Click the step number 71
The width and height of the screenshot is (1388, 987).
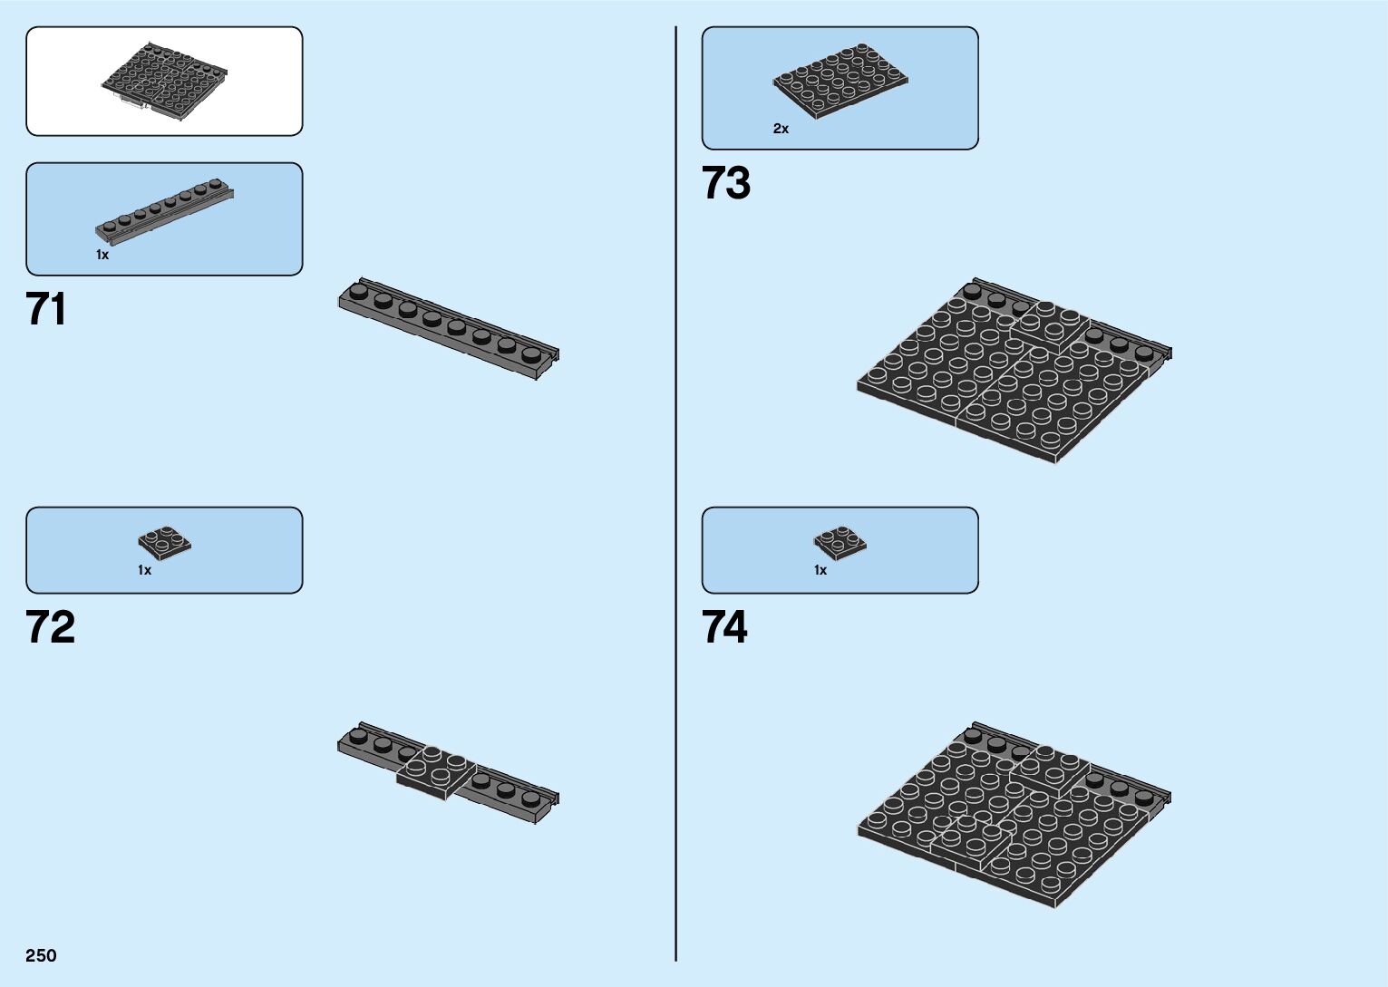(x=46, y=309)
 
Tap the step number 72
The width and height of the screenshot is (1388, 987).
(x=50, y=626)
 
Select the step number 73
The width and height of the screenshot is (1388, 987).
(x=725, y=183)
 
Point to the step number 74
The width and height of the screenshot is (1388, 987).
(x=724, y=626)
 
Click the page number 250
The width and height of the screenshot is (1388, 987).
(x=41, y=955)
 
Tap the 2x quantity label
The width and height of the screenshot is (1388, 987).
(x=781, y=129)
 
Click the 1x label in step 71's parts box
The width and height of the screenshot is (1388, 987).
(x=102, y=255)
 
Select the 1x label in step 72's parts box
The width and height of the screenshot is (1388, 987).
(x=144, y=570)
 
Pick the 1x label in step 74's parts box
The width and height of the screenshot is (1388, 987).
(x=820, y=570)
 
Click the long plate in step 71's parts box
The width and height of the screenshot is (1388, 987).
(x=164, y=211)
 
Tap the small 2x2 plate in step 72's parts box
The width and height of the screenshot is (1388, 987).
(x=164, y=541)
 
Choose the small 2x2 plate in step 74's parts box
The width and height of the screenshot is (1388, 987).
(x=840, y=541)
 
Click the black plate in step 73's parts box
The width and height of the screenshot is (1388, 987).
(x=840, y=81)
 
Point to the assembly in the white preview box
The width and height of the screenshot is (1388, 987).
(x=164, y=82)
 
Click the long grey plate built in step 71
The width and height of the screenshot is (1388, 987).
(x=449, y=329)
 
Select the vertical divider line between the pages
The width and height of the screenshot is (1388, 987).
(x=675, y=494)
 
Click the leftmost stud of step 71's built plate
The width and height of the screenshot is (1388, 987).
(x=359, y=290)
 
